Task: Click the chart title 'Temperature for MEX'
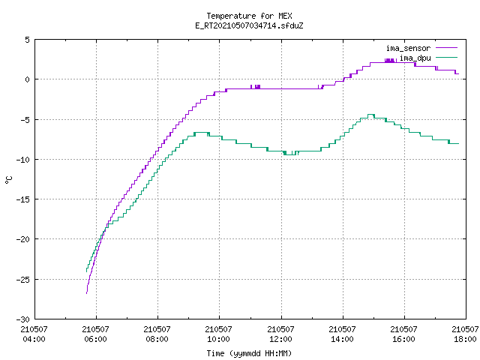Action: pyautogui.click(x=249, y=16)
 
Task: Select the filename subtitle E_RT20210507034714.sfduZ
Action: pyautogui.click(x=249, y=25)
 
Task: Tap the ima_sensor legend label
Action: pyautogui.click(x=408, y=48)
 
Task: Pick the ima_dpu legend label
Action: pyautogui.click(x=415, y=58)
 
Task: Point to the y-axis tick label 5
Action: pyautogui.click(x=28, y=40)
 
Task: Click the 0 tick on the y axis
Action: pyautogui.click(x=28, y=79)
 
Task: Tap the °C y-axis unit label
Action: pyautogui.click(x=8, y=180)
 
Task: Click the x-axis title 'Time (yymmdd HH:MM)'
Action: pyautogui.click(x=249, y=353)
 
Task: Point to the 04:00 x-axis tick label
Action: pyautogui.click(x=34, y=339)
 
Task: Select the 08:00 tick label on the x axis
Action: pyautogui.click(x=157, y=339)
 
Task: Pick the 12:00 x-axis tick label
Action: pyautogui.click(x=280, y=339)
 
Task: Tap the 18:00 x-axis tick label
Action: pyautogui.click(x=465, y=339)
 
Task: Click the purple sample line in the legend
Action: pyautogui.click(x=446, y=48)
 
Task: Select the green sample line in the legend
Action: pyautogui.click(x=446, y=57)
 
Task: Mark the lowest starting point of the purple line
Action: pyautogui.click(x=87, y=293)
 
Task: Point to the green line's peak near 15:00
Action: pyautogui.click(x=371, y=115)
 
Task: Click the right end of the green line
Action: pyautogui.click(x=458, y=143)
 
